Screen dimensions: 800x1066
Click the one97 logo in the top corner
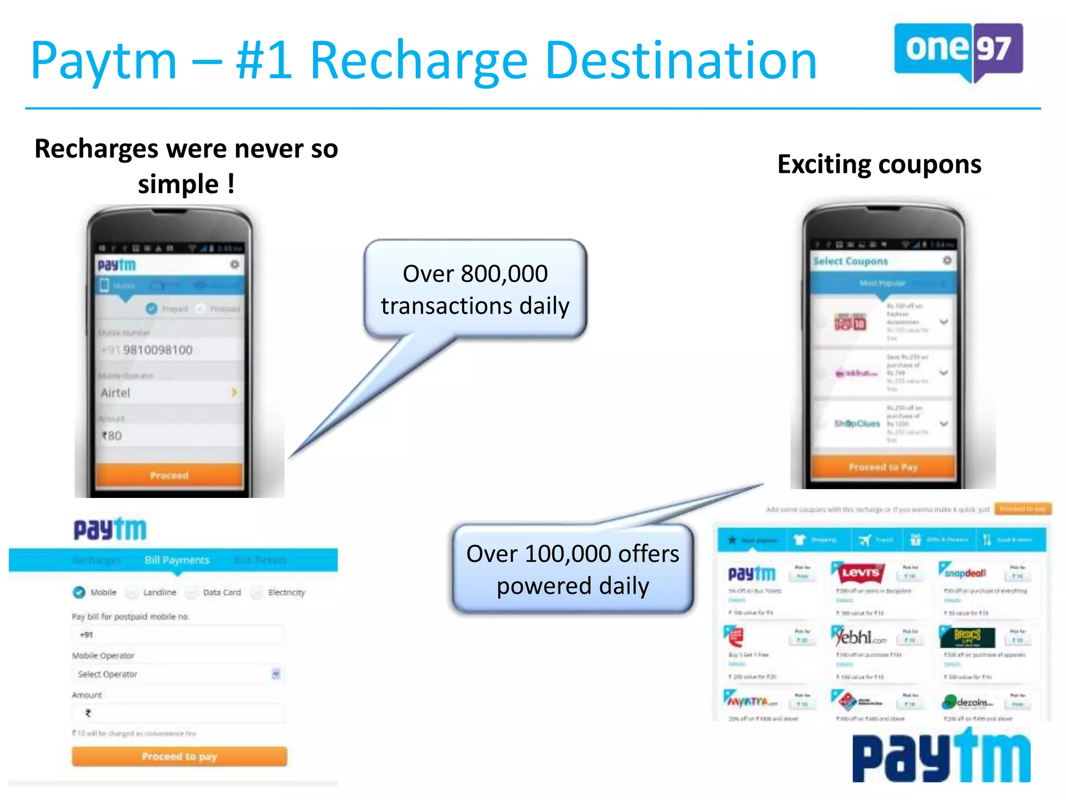[x=958, y=51]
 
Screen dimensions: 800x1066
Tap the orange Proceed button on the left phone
[x=169, y=475]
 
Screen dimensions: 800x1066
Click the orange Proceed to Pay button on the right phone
[x=883, y=467]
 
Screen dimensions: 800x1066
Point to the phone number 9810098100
[x=157, y=350]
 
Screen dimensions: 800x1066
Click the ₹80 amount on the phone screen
[x=112, y=435]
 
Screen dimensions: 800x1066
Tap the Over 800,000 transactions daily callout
[x=475, y=289]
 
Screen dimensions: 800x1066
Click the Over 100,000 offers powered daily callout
[x=573, y=569]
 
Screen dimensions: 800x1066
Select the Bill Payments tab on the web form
[x=177, y=560]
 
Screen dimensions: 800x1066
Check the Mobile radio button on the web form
[x=79, y=592]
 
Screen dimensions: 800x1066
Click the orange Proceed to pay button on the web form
[x=179, y=756]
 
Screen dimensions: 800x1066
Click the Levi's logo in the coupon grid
[x=860, y=573]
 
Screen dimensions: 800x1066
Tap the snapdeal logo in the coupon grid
[x=964, y=572]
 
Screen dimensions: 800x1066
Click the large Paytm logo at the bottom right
[x=941, y=757]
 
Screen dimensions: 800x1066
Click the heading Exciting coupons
[x=879, y=165]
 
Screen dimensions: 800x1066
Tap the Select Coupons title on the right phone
[x=851, y=261]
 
